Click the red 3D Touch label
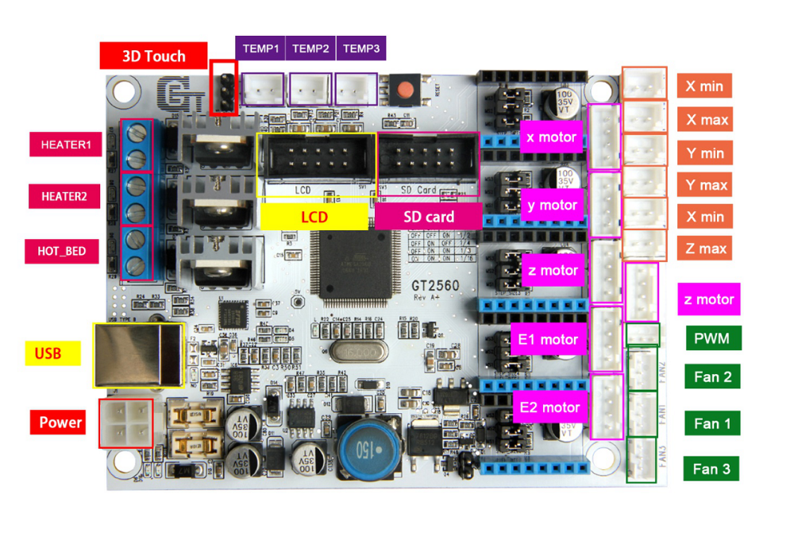tap(153, 56)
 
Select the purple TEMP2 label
tap(310, 48)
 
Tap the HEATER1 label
tap(67, 145)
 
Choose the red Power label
tap(60, 422)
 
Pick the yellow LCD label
tap(314, 217)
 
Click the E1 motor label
tap(549, 340)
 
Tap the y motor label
tap(553, 205)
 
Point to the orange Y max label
tap(707, 185)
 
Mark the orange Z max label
tap(707, 249)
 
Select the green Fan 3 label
tap(711, 469)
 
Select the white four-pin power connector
tap(125, 422)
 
